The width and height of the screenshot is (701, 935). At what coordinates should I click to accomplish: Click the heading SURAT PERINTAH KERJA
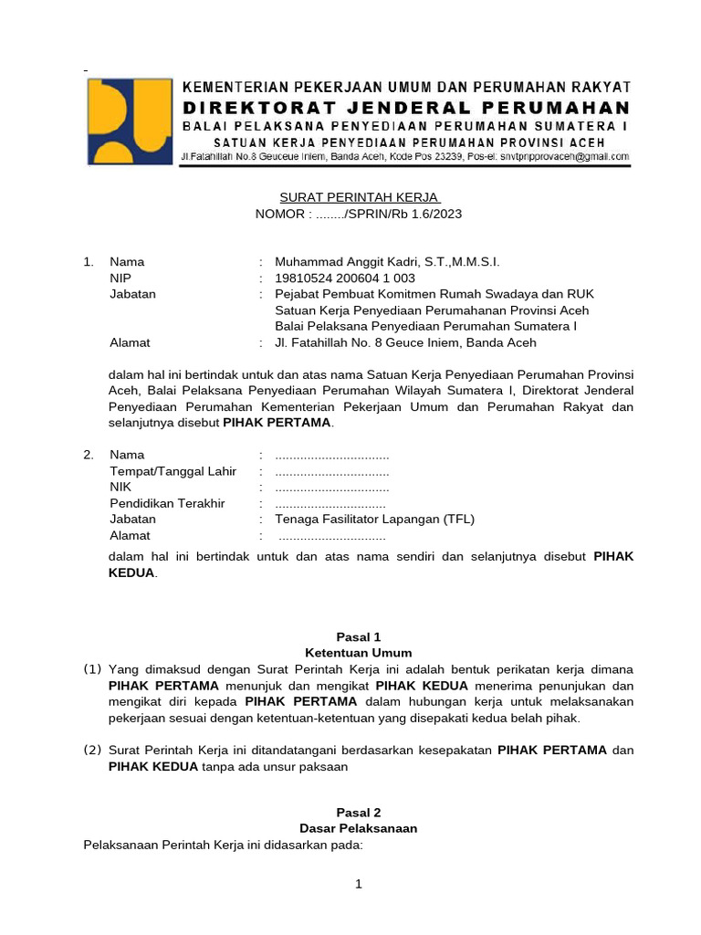359,198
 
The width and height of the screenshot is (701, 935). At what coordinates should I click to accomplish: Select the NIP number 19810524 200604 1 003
345,278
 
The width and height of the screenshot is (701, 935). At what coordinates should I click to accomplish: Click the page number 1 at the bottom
359,884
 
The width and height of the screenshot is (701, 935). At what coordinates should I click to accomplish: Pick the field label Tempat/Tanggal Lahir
173,471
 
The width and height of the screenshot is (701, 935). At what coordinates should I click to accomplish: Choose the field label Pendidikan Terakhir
167,503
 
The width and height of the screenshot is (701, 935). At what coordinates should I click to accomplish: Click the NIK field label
120,488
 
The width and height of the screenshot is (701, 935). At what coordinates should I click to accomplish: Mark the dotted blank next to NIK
331,489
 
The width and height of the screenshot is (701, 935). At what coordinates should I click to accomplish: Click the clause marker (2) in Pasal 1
92,751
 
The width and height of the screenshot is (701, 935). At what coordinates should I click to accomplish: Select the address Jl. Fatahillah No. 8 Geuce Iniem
405,342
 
